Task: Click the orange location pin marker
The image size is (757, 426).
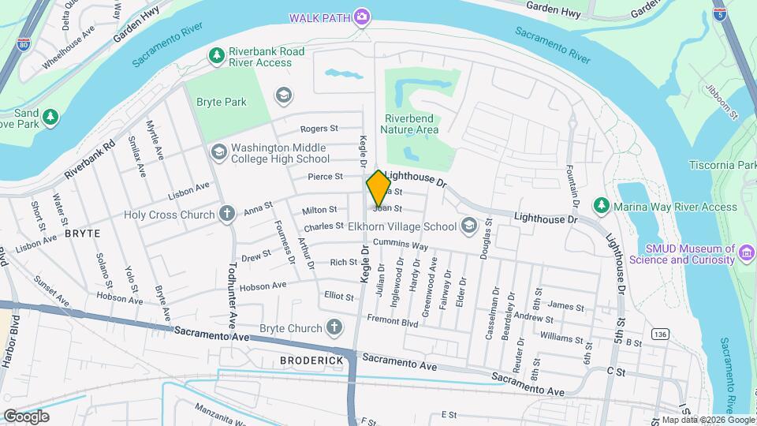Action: (378, 188)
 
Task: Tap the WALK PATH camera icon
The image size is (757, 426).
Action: (362, 17)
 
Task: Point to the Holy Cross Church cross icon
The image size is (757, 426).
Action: (227, 214)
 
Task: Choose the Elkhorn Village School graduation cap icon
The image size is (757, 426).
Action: (469, 226)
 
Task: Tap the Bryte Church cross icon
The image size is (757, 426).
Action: (334, 327)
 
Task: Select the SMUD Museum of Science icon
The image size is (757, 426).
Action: (747, 253)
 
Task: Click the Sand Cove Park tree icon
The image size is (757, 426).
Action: (50, 118)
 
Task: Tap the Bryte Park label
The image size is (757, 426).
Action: (222, 102)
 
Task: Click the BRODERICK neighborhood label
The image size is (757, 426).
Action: (311, 361)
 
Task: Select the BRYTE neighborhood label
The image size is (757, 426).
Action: (83, 234)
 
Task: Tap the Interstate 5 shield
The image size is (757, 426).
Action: (719, 13)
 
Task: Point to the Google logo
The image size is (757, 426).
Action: (26, 416)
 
